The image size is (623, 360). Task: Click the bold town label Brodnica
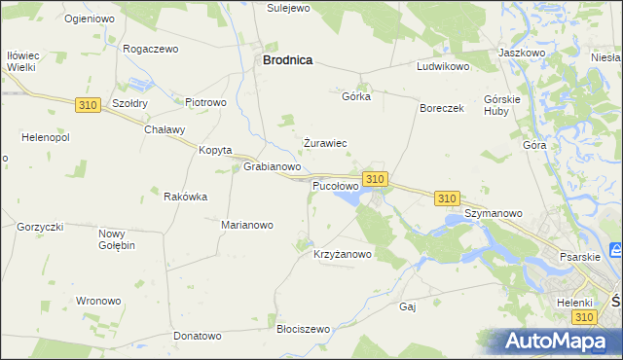[x=287, y=60]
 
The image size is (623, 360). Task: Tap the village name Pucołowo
[x=335, y=185]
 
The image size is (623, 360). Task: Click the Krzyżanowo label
[x=343, y=254]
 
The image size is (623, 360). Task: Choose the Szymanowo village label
[x=494, y=212]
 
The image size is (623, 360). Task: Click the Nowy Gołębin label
[x=117, y=239]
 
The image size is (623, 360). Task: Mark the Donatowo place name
[x=199, y=336]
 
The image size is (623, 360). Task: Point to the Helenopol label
[x=35, y=137]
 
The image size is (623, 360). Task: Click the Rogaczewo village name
[x=151, y=48]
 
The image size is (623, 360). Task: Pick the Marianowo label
[x=247, y=225]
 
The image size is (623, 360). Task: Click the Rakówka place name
[x=186, y=197]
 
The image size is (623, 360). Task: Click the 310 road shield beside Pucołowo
[x=376, y=179]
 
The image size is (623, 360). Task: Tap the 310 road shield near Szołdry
[x=87, y=105]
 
